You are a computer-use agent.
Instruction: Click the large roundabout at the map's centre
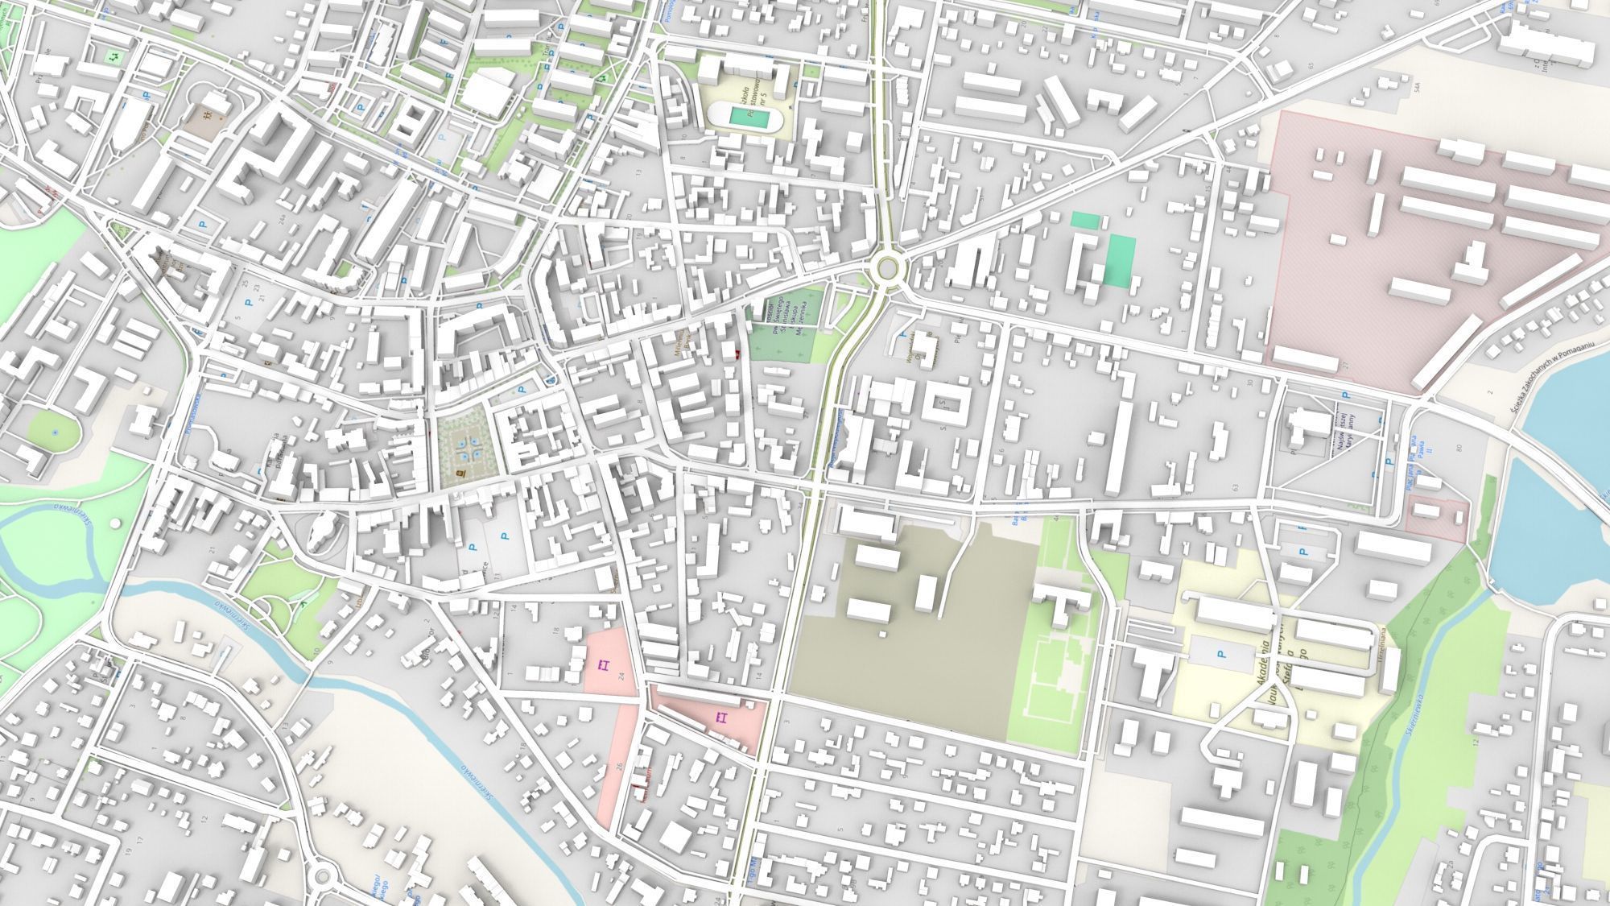pyautogui.click(x=887, y=265)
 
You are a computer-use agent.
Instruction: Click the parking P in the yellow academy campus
pyautogui.click(x=1221, y=655)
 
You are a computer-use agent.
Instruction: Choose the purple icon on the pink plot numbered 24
pyautogui.click(x=604, y=664)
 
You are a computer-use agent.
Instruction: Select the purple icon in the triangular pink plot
pyautogui.click(x=721, y=717)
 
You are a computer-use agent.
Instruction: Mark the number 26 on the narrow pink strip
pyautogui.click(x=619, y=764)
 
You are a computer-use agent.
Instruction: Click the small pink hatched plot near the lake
pyautogui.click(x=1437, y=517)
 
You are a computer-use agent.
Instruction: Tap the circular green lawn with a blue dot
pyautogui.click(x=55, y=432)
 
